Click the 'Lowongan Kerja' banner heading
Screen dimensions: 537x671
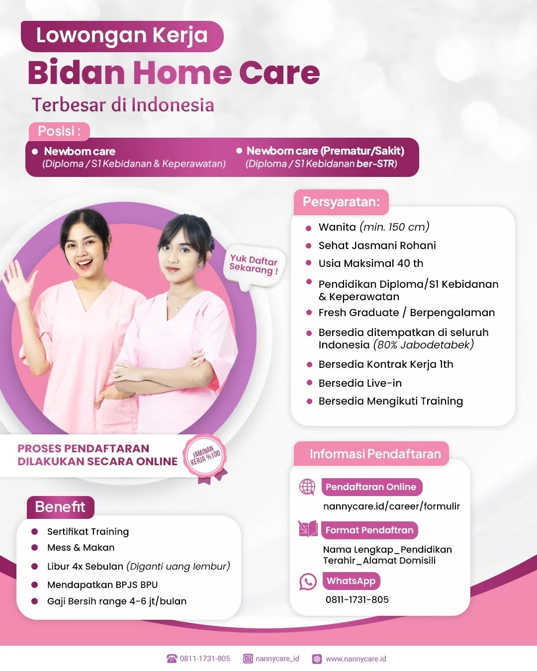[122, 36]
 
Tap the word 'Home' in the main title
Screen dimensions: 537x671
[182, 73]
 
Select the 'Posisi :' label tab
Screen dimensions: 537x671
[59, 131]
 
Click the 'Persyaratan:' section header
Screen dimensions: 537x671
[341, 202]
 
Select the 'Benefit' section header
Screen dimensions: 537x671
[60, 507]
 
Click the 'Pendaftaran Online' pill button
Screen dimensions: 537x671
[371, 487]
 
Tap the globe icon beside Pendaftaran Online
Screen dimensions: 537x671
[307, 487]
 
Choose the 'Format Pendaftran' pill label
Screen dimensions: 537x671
[369, 530]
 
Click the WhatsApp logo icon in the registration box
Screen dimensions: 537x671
[308, 582]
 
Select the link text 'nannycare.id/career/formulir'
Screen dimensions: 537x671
[391, 506]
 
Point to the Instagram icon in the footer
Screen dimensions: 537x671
[248, 659]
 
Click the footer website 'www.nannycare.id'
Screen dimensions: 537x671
[356, 659]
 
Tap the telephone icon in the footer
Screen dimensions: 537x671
[172, 659]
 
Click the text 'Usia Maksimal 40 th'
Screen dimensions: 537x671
[371, 263]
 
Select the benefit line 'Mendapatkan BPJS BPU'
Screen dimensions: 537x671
[102, 585]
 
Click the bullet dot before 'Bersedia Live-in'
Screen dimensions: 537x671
[309, 383]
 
